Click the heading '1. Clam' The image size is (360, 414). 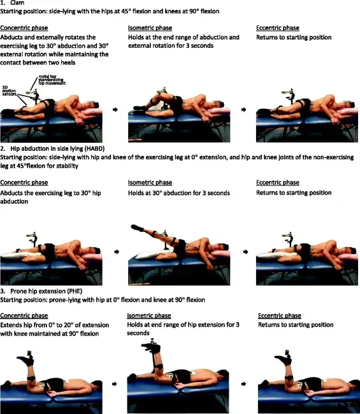(x=12, y=3)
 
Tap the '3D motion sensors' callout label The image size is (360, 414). (x=9, y=90)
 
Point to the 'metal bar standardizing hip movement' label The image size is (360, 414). (x=52, y=80)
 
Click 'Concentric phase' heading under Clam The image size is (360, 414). (x=24, y=28)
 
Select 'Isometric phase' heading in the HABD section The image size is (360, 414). (x=150, y=183)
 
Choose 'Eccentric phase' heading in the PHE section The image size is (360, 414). (x=280, y=315)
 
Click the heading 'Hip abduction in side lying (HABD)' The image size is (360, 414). (x=57, y=148)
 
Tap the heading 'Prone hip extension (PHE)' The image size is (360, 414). (x=47, y=291)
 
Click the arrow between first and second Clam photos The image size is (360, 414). (x=115, y=110)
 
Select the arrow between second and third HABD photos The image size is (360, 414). (x=246, y=252)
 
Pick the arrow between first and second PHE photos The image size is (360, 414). (x=114, y=384)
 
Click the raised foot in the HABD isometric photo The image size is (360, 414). (x=138, y=227)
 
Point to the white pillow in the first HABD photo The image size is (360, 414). (x=20, y=255)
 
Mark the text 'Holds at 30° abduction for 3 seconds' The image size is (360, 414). (x=179, y=193)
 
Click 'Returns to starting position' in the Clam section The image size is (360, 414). (x=294, y=37)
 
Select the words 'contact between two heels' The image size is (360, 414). (x=38, y=62)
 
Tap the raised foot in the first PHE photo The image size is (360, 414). (x=25, y=360)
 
